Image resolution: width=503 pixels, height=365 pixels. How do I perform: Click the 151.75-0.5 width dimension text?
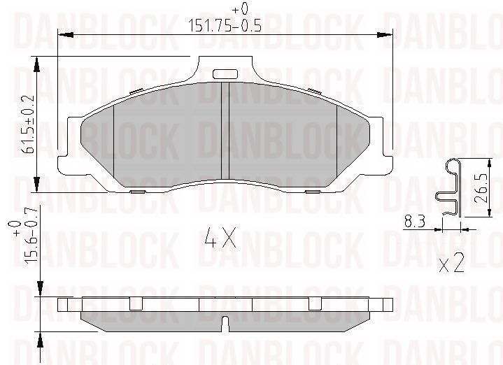coord(225,25)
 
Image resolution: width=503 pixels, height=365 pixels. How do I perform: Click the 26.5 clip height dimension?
coord(480,188)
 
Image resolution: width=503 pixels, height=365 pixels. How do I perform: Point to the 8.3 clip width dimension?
coord(415,222)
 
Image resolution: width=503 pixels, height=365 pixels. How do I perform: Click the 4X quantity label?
coord(220,238)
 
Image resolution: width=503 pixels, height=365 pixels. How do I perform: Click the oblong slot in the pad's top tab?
coord(225,74)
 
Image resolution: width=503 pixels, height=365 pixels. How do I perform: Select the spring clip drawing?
coord(449,187)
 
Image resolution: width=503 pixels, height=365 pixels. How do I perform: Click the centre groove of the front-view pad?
coord(225,131)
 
